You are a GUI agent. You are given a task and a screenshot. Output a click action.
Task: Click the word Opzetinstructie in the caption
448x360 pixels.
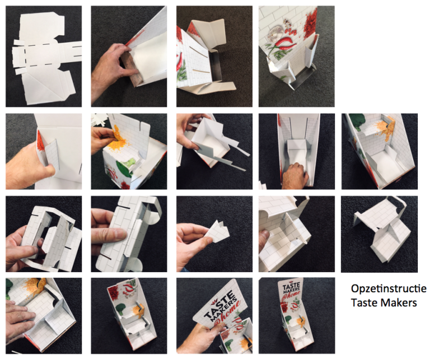click(389, 288)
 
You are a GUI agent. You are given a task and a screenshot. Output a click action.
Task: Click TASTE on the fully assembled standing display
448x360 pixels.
click(291, 286)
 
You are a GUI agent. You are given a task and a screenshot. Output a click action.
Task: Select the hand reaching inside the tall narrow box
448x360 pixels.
click(295, 176)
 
